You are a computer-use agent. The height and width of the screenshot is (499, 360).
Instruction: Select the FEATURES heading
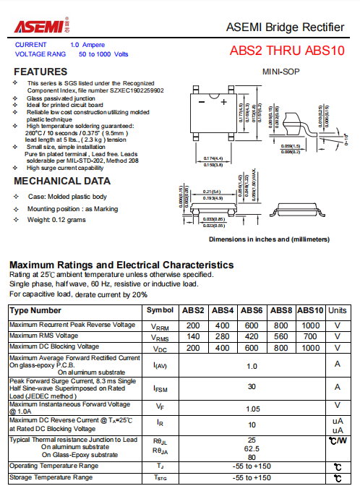(40, 72)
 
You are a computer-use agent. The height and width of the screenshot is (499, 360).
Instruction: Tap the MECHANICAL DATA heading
(62, 181)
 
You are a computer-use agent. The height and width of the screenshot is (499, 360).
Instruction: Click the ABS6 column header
(252, 310)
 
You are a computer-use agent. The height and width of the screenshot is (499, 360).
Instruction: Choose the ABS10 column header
(310, 310)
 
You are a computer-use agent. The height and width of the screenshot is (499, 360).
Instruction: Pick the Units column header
(337, 310)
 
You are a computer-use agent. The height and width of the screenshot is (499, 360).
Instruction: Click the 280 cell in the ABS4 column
(223, 336)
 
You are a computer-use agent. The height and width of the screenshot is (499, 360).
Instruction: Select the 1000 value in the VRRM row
(310, 325)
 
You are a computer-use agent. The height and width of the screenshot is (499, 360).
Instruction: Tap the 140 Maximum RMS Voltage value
(193, 336)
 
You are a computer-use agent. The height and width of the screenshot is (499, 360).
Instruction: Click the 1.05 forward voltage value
(252, 408)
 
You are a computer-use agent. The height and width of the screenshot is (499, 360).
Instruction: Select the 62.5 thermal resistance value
(252, 448)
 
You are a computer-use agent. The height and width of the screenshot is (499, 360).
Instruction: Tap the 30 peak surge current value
(252, 387)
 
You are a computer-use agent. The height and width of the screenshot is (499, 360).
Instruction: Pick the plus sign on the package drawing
(235, 102)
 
